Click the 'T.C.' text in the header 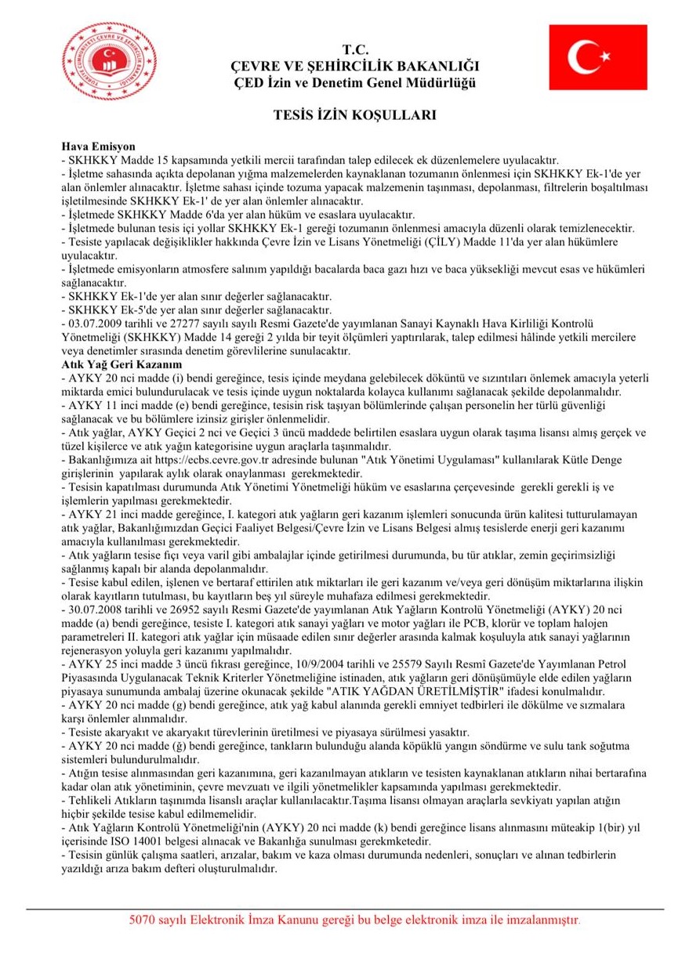pos(354,49)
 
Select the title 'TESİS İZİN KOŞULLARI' pos(354,114)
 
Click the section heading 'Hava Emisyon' pos(98,146)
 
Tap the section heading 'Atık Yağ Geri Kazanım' pos(122,365)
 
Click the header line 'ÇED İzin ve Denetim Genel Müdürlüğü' pos(354,82)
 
